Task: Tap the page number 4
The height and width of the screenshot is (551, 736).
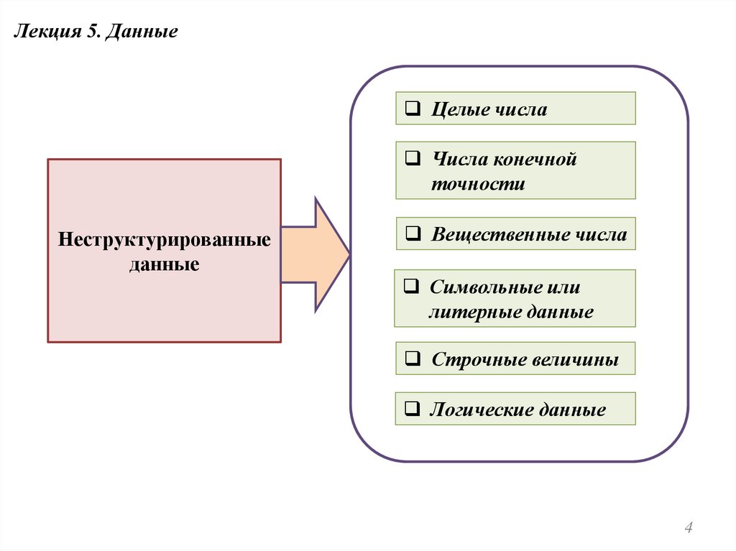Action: (x=689, y=529)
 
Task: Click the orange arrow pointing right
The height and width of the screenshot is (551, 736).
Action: (x=316, y=254)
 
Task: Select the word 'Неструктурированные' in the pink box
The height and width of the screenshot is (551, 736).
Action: (x=165, y=239)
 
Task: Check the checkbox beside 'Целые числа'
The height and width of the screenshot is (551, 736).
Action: (x=413, y=109)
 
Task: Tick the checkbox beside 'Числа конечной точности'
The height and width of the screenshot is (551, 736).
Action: (x=413, y=159)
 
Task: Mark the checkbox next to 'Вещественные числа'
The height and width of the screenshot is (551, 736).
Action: (x=413, y=234)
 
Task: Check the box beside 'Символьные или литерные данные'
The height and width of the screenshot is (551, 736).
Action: (x=410, y=287)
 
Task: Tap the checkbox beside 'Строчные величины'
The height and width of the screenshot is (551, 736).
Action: (x=413, y=358)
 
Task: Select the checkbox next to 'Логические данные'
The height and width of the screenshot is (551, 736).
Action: (x=413, y=410)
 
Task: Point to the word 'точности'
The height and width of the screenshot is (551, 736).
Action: (x=478, y=185)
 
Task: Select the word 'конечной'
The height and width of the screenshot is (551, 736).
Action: (x=533, y=159)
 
